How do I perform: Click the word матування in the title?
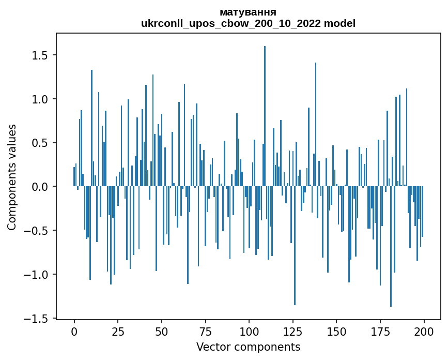click(x=248, y=12)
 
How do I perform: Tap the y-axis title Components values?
click(x=12, y=177)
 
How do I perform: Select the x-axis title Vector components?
click(x=248, y=347)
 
